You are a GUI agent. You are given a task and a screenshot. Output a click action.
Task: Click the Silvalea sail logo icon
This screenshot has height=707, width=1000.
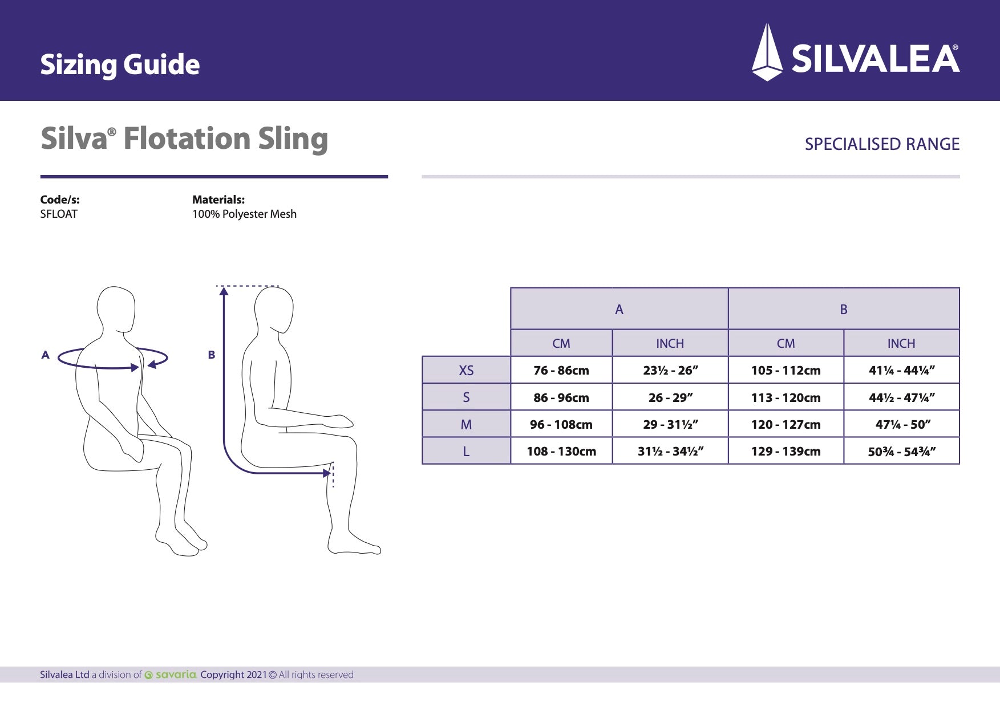pyautogui.click(x=767, y=52)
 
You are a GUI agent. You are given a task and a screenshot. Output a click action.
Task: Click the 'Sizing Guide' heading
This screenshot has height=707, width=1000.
pyautogui.click(x=120, y=64)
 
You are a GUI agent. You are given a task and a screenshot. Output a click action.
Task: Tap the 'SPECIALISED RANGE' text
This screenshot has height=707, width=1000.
pyautogui.click(x=882, y=144)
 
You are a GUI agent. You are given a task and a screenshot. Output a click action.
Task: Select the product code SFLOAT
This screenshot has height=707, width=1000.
pyautogui.click(x=59, y=214)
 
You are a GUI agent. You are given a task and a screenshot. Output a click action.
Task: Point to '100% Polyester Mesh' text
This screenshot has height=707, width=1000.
pyautogui.click(x=244, y=214)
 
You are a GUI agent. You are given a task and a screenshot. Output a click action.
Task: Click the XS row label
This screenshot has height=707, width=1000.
pyautogui.click(x=466, y=371)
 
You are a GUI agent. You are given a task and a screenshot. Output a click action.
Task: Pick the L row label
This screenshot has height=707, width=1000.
pyautogui.click(x=466, y=452)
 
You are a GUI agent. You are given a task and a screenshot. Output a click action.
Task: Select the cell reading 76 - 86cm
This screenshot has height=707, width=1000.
pyautogui.click(x=561, y=371)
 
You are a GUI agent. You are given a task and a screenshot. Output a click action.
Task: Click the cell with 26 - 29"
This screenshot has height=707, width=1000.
pyautogui.click(x=670, y=398)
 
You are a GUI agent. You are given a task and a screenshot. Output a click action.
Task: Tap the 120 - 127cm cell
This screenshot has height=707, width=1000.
pyautogui.click(x=786, y=425)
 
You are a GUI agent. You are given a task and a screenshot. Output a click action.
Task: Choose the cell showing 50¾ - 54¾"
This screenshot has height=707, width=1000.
pyautogui.click(x=901, y=452)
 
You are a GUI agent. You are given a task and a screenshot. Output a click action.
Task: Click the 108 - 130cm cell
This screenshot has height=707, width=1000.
pyautogui.click(x=561, y=452)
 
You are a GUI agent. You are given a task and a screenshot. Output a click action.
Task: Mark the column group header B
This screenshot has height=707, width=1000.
pyautogui.click(x=844, y=310)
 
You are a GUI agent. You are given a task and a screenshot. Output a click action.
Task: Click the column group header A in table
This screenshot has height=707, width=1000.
pyautogui.click(x=619, y=310)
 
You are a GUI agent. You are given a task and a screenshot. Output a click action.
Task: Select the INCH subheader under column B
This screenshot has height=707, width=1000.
pyautogui.click(x=901, y=344)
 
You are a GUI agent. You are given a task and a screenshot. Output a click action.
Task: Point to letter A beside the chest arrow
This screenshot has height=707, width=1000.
pyautogui.click(x=46, y=355)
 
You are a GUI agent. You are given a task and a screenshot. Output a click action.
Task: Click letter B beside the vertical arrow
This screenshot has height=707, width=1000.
pyautogui.click(x=212, y=355)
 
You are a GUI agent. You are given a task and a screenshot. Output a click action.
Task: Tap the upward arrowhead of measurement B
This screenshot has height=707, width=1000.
pyautogui.click(x=224, y=291)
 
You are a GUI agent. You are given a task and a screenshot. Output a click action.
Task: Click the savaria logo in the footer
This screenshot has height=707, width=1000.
pyautogui.click(x=171, y=675)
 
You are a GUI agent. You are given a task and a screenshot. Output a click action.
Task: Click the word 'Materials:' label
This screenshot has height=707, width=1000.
pyautogui.click(x=218, y=200)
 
